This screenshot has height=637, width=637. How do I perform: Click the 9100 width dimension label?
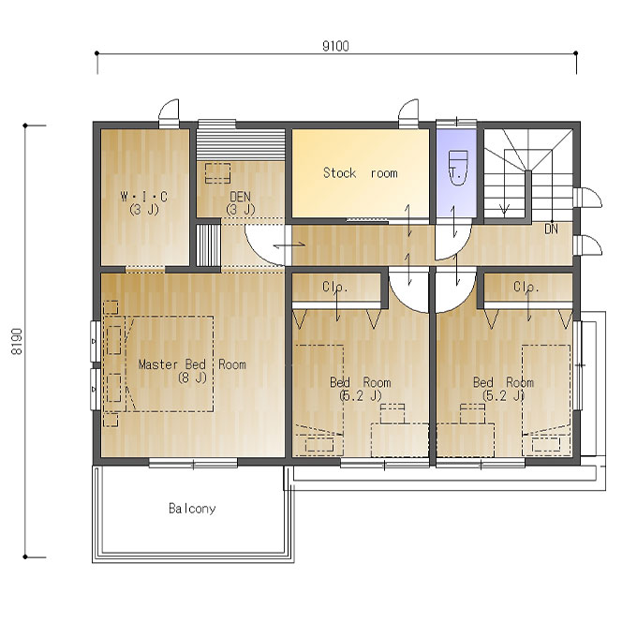tap(335, 46)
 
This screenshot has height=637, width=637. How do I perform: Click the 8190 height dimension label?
tap(17, 341)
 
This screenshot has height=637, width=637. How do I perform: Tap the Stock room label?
tap(361, 173)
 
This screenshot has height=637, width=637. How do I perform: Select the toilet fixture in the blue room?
tap(458, 168)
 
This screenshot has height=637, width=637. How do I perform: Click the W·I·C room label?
tap(144, 197)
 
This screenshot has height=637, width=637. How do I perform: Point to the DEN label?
tap(240, 197)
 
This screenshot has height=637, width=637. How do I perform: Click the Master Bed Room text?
tap(192, 364)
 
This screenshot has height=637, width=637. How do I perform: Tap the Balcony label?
tap(192, 509)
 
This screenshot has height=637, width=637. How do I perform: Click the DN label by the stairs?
tap(551, 230)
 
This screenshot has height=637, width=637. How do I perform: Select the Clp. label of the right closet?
tap(526, 287)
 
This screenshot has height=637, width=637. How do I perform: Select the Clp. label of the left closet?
tap(335, 287)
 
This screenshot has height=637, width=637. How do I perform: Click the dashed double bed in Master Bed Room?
tap(170, 364)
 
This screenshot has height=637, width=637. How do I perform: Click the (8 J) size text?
tap(193, 378)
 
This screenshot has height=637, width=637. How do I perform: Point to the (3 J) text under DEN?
tap(241, 209)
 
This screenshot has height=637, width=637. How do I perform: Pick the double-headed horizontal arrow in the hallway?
tap(289, 245)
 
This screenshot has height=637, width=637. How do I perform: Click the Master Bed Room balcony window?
tap(193, 463)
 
